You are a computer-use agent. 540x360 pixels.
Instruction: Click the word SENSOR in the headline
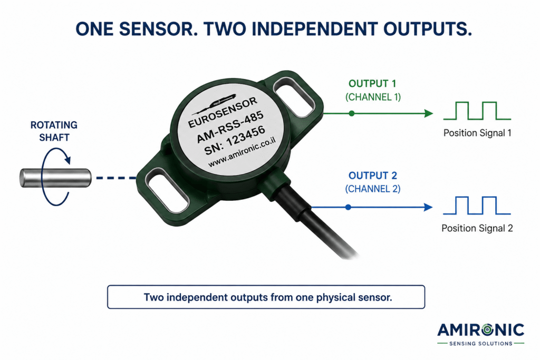159,29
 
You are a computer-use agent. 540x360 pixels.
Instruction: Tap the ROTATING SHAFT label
54,131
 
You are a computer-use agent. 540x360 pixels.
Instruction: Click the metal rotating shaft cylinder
55,178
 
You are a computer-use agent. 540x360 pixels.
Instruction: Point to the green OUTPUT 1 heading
372,84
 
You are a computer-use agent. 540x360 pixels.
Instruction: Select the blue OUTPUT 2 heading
373,176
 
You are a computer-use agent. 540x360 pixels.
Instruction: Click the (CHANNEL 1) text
373,97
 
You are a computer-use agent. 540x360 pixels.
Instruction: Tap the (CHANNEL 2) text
373,189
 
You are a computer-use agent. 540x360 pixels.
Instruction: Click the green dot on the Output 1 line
351,113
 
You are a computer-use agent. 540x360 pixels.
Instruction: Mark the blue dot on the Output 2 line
348,207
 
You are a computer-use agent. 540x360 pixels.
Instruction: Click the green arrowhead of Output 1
428,113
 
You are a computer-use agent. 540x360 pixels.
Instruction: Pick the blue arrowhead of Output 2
428,207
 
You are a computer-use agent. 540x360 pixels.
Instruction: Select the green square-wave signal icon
477,111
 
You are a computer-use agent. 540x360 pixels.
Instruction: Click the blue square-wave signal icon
477,206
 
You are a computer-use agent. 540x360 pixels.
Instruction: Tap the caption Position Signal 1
477,133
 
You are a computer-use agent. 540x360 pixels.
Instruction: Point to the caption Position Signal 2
477,228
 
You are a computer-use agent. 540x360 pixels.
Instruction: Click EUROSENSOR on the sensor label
223,113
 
